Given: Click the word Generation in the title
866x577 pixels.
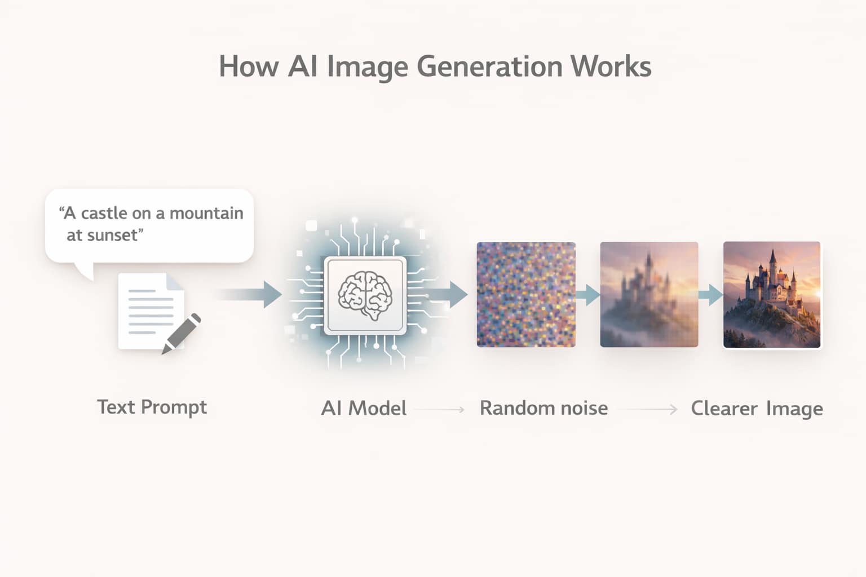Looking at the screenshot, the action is tap(489, 67).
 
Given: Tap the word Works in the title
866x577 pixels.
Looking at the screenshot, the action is tap(611, 66).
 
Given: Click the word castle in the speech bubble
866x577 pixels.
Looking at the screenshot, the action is tap(104, 213).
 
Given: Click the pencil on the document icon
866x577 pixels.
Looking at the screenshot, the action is tap(181, 334).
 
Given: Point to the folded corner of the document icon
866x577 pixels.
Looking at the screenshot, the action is tap(175, 281).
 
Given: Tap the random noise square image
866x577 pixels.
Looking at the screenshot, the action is tap(526, 295).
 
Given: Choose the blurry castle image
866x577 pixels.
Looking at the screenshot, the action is tap(649, 295).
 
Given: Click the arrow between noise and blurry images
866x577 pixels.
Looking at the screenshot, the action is tap(587, 295).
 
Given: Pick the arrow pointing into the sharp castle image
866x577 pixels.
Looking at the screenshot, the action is tap(710, 295).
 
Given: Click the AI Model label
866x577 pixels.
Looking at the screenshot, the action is tap(364, 408).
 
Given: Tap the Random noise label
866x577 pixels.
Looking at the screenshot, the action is tap(544, 408).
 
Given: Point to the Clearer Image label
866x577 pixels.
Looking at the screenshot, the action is tap(757, 409).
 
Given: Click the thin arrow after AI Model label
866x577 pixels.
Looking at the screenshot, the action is tap(439, 409).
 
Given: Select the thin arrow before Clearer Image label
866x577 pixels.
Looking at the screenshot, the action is tap(648, 409).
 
